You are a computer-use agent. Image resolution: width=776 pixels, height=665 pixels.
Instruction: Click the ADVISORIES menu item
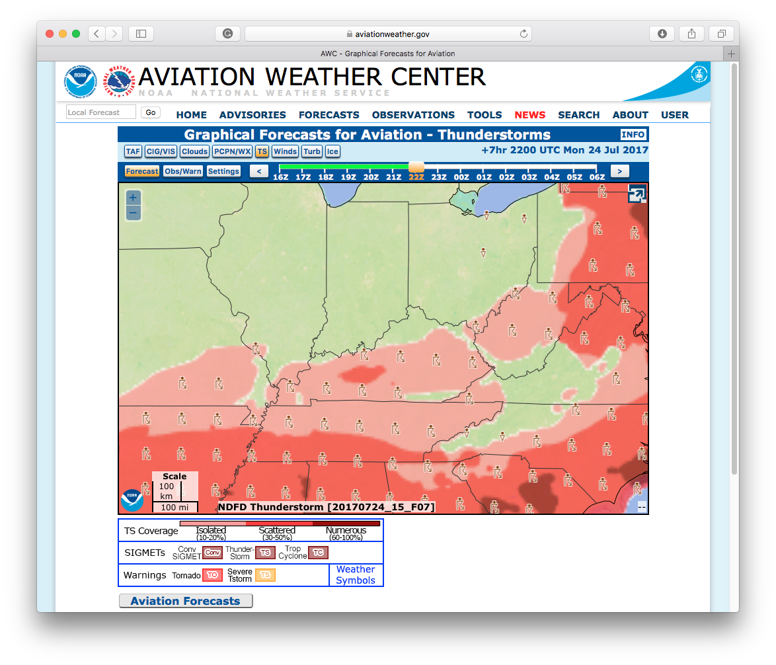pos(252,115)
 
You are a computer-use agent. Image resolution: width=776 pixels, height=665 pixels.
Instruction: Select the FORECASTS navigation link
pos(329,115)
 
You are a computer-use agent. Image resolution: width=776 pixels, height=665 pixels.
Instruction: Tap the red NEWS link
pos(529,115)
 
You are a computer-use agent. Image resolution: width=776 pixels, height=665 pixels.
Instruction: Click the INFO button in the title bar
pos(633,135)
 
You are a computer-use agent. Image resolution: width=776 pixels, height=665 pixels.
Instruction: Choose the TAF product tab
pos(133,151)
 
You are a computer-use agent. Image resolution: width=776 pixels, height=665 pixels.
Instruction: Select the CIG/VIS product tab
pos(161,151)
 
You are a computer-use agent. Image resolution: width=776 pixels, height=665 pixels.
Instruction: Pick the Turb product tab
pos(312,151)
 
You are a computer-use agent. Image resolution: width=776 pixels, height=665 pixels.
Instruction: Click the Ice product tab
pos(332,151)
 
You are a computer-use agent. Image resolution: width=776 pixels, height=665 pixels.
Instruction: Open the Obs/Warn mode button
pos(182,171)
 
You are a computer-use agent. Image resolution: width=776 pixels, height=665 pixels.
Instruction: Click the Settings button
pos(223,171)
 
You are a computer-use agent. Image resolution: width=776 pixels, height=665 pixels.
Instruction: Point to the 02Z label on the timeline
pos(506,177)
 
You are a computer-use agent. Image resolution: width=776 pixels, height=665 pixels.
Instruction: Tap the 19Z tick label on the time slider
pos(348,177)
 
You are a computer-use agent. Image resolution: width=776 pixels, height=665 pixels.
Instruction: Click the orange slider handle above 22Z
pos(416,167)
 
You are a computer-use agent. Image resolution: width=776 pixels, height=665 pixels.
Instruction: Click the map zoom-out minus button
pos(133,213)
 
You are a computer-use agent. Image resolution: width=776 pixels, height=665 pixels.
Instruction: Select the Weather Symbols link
pos(356,575)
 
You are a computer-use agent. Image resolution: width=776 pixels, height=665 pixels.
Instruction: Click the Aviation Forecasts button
pos(185,601)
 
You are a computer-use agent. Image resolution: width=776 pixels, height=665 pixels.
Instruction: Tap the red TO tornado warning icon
pos(212,575)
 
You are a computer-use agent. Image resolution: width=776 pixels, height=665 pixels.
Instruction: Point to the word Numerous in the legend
pos(346,530)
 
